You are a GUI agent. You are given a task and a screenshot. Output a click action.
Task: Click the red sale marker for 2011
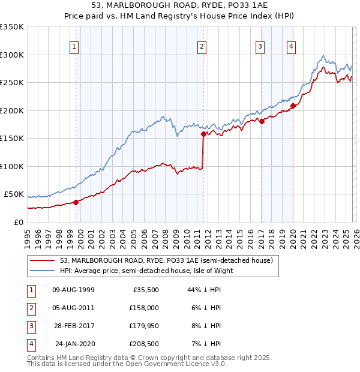204,134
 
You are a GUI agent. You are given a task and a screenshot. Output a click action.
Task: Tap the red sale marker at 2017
262,121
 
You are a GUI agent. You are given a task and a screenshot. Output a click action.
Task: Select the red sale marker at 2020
293,106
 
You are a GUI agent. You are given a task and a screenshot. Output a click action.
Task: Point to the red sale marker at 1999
76,202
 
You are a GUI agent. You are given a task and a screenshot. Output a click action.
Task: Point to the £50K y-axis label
14,194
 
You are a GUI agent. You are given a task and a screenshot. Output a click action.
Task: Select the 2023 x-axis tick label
324,234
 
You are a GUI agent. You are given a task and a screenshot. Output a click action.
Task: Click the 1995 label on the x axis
28,234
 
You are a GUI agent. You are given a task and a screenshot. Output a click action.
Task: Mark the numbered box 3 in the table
30,326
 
